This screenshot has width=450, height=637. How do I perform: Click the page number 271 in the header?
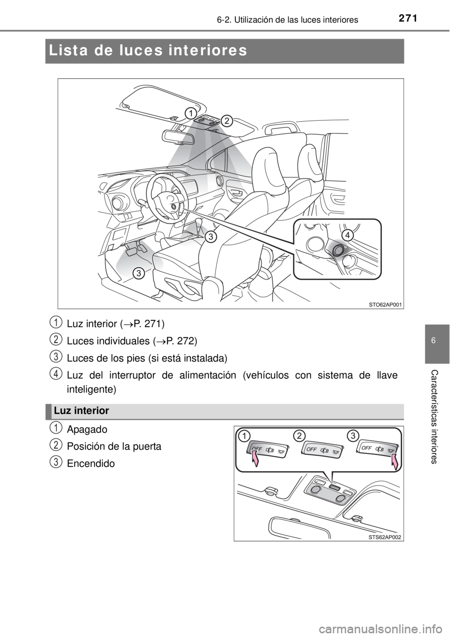[x=408, y=18]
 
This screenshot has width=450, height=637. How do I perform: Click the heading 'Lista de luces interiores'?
[x=148, y=51]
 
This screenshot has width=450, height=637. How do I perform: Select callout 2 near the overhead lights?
[x=226, y=121]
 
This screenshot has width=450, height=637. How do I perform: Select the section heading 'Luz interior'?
[x=82, y=411]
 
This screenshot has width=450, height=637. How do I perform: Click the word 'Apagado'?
[x=87, y=430]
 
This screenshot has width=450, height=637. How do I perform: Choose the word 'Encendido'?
[x=91, y=464]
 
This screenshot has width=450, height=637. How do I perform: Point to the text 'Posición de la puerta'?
[x=114, y=446]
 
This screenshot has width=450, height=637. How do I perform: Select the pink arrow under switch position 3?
[x=394, y=462]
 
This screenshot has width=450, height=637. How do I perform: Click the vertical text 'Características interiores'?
[x=433, y=417]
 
